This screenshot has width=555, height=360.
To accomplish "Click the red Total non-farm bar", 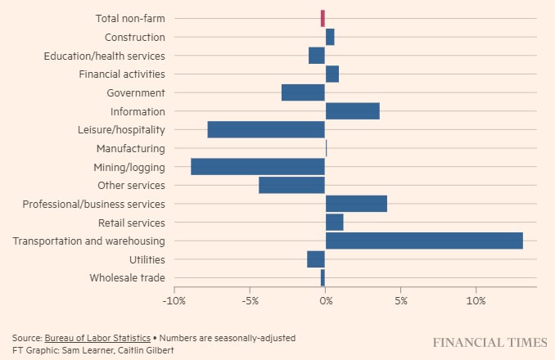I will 323,18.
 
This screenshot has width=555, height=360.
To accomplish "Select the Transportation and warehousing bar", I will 424,241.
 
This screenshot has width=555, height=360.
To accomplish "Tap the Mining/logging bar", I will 258,167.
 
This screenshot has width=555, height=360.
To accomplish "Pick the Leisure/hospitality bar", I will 266,129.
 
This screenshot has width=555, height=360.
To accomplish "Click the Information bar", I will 352,111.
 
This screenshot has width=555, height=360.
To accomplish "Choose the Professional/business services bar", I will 356,204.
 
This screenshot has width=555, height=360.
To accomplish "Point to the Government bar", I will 303,92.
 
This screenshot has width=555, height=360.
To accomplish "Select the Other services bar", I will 291,185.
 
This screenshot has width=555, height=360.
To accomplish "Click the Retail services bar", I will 334,223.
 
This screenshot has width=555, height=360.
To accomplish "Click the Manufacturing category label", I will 130,148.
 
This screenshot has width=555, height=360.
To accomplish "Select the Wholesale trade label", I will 128,278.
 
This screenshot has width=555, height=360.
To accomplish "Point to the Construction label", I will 134,37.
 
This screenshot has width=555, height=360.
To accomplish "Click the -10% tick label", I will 174,301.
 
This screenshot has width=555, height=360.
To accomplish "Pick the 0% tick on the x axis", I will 325,301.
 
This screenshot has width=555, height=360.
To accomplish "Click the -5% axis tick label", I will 250,301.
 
